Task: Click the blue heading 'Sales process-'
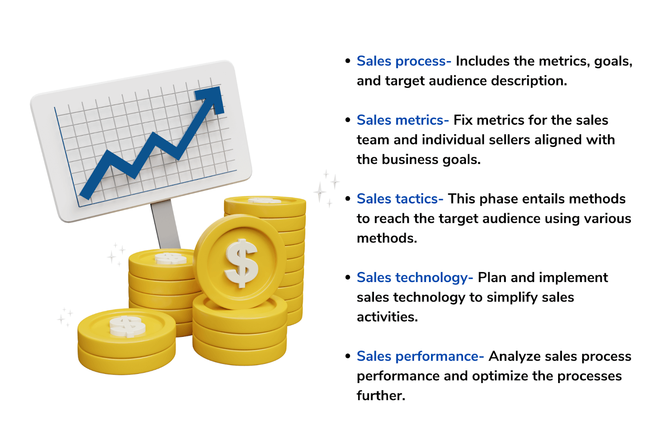[404, 61]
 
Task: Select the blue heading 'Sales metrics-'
[402, 120]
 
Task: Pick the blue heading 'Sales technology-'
[414, 277]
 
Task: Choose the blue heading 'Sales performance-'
[420, 356]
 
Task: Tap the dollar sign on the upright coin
[241, 263]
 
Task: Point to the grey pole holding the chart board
[165, 224]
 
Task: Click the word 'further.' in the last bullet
[381, 395]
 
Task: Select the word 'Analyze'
[514, 356]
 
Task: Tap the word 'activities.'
[387, 317]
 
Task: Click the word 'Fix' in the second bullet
[463, 120]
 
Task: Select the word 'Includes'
[482, 61]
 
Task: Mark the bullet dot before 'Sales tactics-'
[348, 199]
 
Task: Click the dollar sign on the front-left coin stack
[127, 326]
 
